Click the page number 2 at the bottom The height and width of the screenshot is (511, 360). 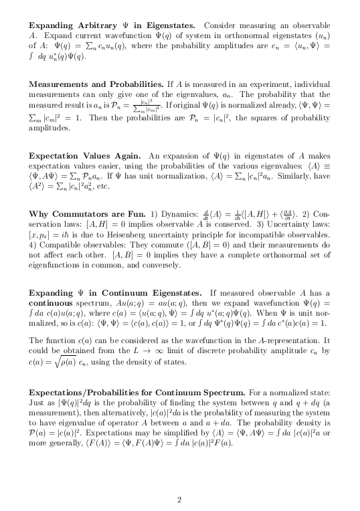[x=179, y=480]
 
